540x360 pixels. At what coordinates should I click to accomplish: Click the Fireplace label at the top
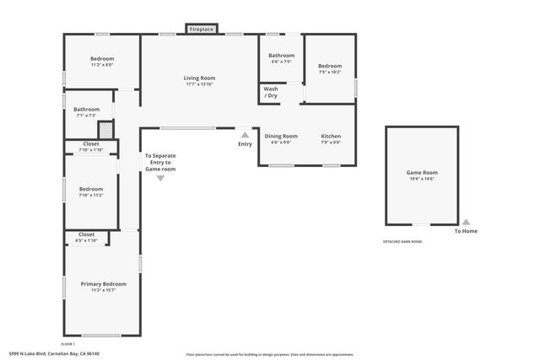pyautogui.click(x=201, y=30)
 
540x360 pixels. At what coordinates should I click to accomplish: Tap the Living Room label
pyautogui.click(x=199, y=78)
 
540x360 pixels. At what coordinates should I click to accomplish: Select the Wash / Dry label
pyautogui.click(x=271, y=92)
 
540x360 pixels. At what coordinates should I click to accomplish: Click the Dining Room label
pyautogui.click(x=281, y=136)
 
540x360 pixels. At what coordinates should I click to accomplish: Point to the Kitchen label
pyautogui.click(x=331, y=136)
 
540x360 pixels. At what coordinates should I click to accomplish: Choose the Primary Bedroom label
pyautogui.click(x=103, y=284)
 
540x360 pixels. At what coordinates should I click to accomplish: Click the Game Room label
pyautogui.click(x=422, y=172)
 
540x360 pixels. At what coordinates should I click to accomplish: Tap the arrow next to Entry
pyautogui.click(x=245, y=134)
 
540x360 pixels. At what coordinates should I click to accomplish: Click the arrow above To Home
pyautogui.click(x=466, y=222)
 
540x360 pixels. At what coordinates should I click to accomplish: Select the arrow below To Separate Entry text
pyautogui.click(x=160, y=178)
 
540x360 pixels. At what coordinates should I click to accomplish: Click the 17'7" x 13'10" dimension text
pyautogui.click(x=199, y=84)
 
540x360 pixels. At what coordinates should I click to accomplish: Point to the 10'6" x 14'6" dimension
pyautogui.click(x=422, y=179)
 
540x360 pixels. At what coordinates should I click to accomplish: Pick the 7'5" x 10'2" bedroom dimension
pyautogui.click(x=330, y=73)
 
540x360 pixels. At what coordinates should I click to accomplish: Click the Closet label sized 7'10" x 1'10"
pyautogui.click(x=91, y=144)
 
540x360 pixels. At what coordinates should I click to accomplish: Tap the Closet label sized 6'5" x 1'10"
pyautogui.click(x=86, y=234)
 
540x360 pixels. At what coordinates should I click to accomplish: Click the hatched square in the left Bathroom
pyautogui.click(x=105, y=131)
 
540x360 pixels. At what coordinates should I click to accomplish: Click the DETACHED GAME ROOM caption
pyautogui.click(x=402, y=242)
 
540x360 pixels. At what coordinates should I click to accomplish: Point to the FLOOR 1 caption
pyautogui.click(x=67, y=344)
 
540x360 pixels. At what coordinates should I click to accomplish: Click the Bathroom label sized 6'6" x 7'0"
pyautogui.click(x=281, y=55)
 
